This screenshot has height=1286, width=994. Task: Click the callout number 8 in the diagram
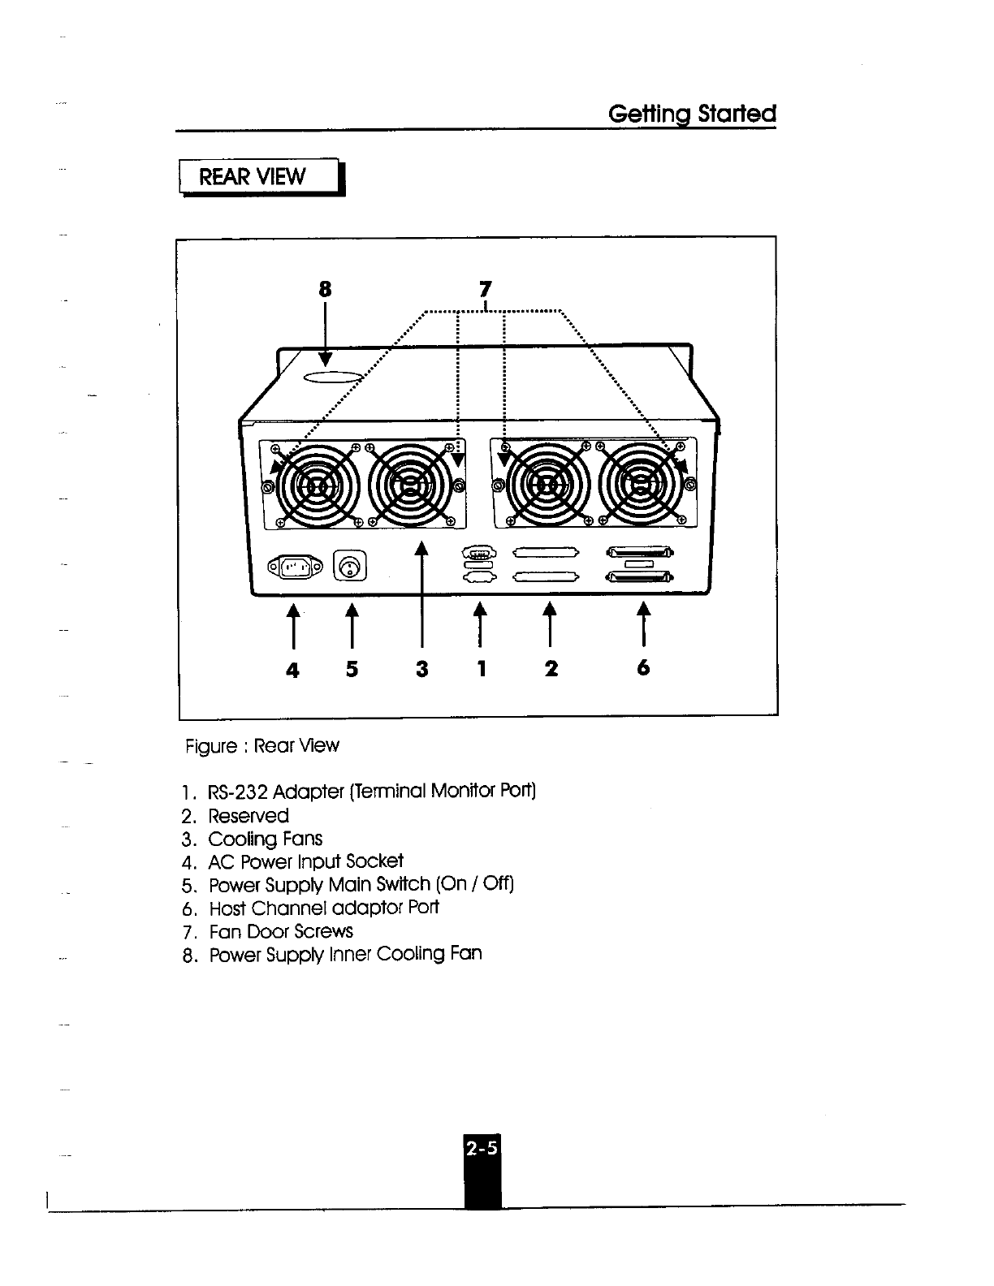click(x=325, y=290)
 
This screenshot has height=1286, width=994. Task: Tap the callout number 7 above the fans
click(x=485, y=289)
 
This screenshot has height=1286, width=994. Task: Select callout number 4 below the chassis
click(x=292, y=669)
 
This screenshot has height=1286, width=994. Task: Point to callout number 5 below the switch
click(x=352, y=669)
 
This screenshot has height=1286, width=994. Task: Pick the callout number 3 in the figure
click(x=421, y=669)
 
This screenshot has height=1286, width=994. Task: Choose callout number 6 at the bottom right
click(x=643, y=667)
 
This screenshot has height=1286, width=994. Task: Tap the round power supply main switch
click(x=350, y=567)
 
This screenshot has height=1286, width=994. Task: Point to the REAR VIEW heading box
click(x=261, y=177)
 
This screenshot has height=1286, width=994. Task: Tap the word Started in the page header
click(x=737, y=114)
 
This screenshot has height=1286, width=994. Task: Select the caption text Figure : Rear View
click(x=262, y=745)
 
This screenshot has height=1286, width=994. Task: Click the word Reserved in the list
click(x=248, y=816)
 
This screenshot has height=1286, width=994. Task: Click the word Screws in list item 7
click(x=324, y=931)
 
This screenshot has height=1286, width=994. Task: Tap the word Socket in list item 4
click(x=374, y=861)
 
